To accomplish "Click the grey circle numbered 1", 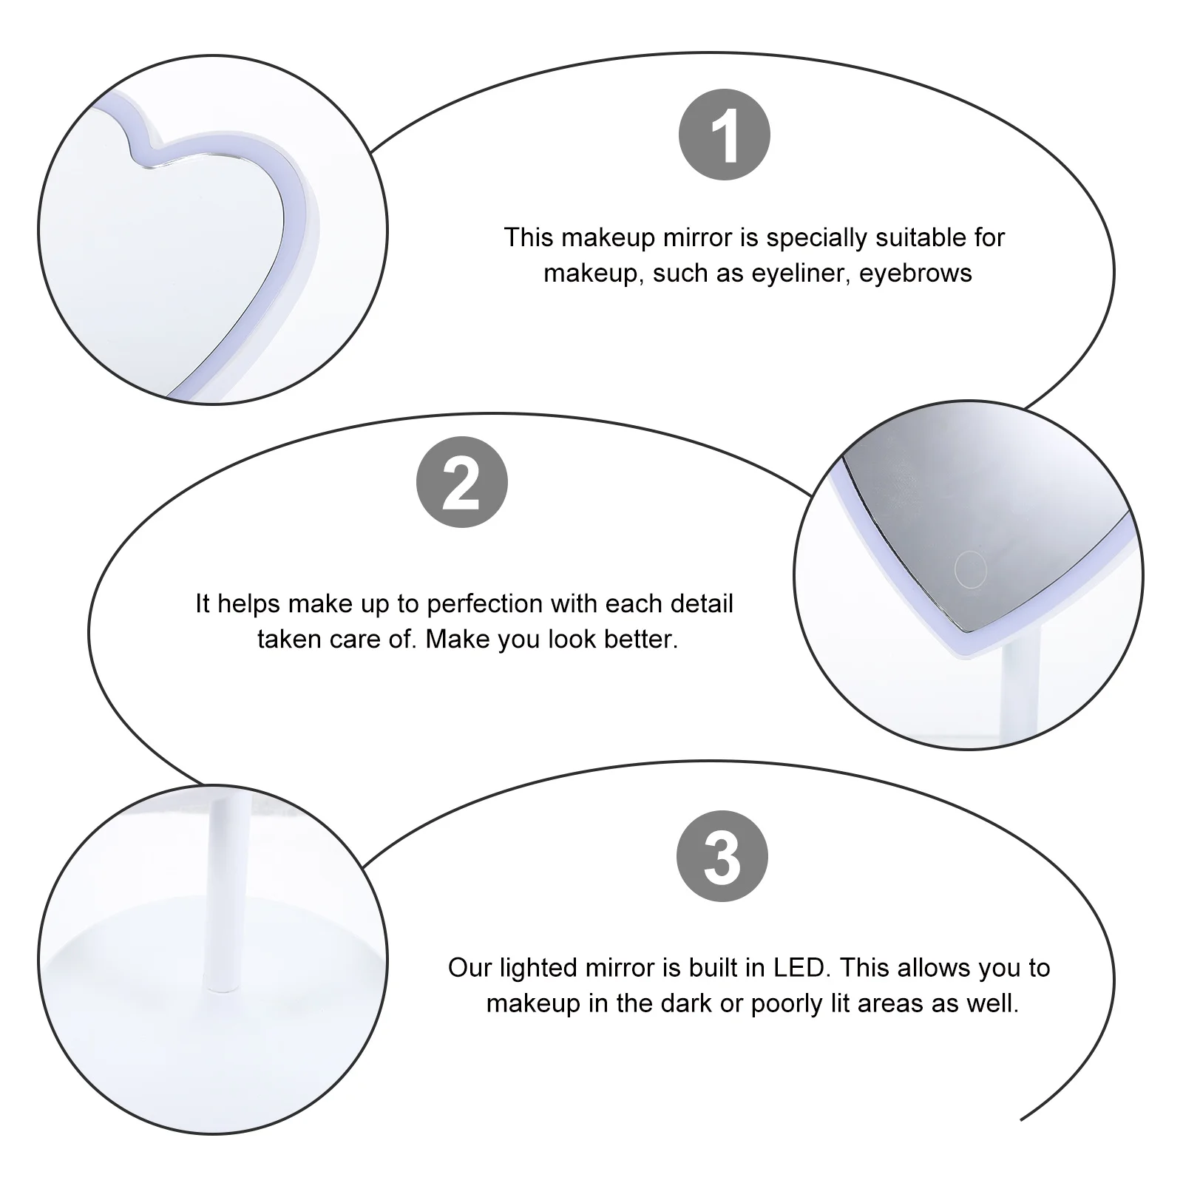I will click(725, 135).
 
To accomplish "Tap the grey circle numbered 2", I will click(462, 482).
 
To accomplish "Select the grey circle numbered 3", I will click(722, 856).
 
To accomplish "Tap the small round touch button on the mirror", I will click(970, 569).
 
